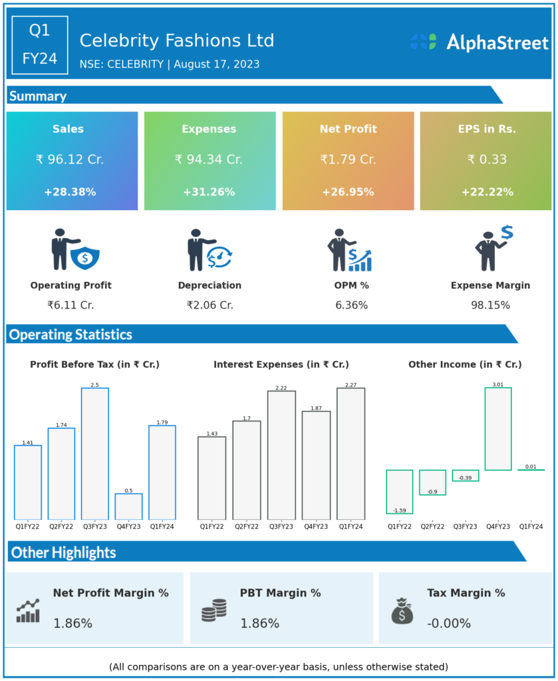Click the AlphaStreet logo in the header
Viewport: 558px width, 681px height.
point(479,43)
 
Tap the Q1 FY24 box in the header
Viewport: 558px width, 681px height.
point(40,45)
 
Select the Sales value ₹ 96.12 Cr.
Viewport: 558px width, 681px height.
point(70,160)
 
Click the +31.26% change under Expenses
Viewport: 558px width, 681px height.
point(209,192)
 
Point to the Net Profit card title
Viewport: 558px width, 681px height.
point(348,129)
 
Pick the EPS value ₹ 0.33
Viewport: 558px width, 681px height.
point(486,160)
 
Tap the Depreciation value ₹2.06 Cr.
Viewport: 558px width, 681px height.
point(209,305)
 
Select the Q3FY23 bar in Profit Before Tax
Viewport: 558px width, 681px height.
point(95,453)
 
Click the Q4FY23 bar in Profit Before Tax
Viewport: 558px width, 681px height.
point(128,506)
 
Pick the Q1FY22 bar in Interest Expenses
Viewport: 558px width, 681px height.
point(211,477)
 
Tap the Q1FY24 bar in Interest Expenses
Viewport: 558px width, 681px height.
point(350,453)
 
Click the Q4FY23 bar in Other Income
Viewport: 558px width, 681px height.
point(498,429)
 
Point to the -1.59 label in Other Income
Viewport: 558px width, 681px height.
point(399,510)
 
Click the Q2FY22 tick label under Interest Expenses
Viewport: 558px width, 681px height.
point(246,526)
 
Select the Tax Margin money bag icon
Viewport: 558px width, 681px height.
point(402,611)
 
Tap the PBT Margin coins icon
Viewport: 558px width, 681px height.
point(214,610)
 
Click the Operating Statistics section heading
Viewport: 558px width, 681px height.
point(71,335)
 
